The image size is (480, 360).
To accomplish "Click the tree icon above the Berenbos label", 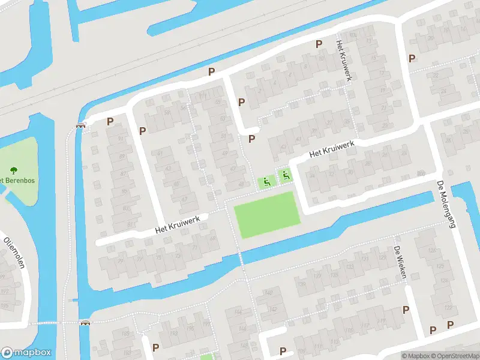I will tap(14, 171).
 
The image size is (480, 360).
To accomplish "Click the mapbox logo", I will tap(26, 352).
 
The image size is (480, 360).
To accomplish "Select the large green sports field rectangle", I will tap(266, 214).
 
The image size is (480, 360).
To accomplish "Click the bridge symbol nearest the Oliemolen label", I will tap(85, 322).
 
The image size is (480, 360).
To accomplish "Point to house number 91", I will tap(121, 139).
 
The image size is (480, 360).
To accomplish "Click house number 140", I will tap(268, 293).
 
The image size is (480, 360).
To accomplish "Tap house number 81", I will tap(131, 224).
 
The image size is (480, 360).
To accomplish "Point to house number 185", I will tap(125, 333).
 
